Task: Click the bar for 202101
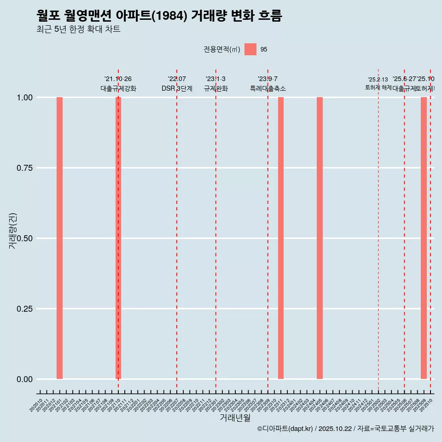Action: tap(59, 238)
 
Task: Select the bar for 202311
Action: tap(281, 238)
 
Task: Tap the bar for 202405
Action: tap(320, 238)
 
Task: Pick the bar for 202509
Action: tap(424, 238)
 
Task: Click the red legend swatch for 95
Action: tap(250, 49)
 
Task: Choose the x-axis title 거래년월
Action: tap(235, 418)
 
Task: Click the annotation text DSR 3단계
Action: tap(177, 88)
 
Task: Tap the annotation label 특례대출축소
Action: tap(268, 88)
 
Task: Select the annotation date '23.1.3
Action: tap(215, 79)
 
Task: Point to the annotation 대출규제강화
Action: tap(118, 88)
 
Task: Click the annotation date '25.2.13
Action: tap(378, 80)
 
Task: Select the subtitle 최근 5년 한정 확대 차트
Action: tap(78, 29)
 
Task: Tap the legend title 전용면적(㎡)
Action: tap(222, 49)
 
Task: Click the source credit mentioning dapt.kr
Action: tap(345, 429)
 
